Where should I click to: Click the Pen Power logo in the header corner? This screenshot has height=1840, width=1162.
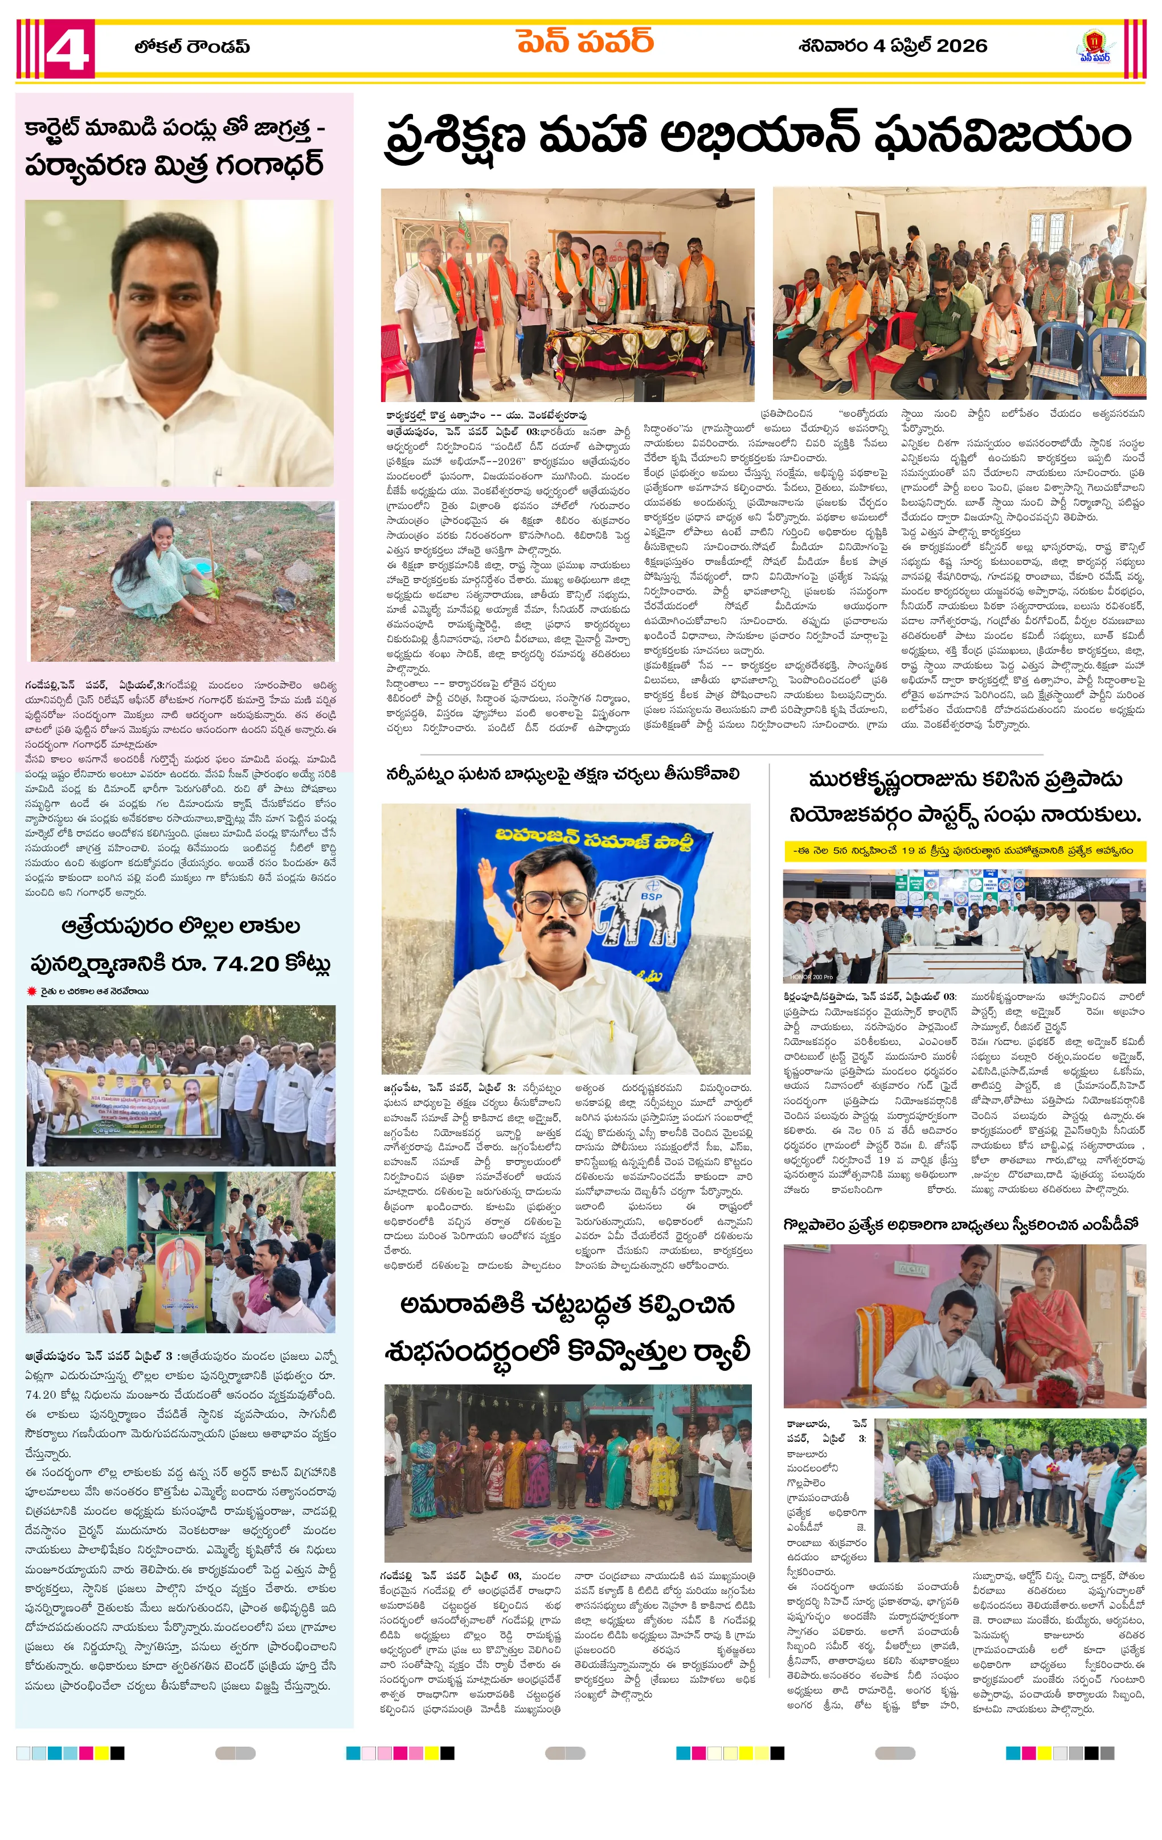1095,47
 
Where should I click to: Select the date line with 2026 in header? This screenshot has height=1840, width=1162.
892,46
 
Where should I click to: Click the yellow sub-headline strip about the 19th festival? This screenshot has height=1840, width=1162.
964,850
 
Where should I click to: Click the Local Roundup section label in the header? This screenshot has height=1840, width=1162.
192,47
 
